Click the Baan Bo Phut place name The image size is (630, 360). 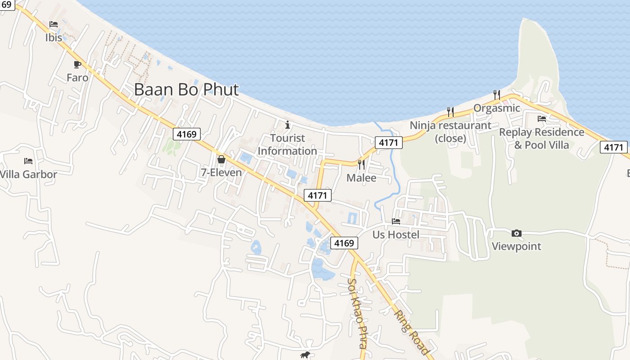pos(186,90)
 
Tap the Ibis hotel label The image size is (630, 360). pos(54,37)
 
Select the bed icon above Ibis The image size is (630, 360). pos(54,24)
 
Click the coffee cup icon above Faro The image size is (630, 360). pos(77,64)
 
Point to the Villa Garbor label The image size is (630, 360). pos(28,174)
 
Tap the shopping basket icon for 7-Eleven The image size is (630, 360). pos(221,159)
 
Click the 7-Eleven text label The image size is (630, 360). pos(221,172)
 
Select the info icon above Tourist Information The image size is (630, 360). pos(288,125)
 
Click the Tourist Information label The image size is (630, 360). pos(288,144)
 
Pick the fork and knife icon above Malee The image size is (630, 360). pos(361,165)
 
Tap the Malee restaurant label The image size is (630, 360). pos(361,178)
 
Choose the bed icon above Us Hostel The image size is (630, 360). pos(396,221)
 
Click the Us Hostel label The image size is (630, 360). pos(396,234)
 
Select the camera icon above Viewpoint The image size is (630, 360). pos(517,233)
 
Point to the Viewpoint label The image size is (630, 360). pos(517,246)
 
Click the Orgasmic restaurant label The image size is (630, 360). pos(497,108)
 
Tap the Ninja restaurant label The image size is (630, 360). pos(450,131)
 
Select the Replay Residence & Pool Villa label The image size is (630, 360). pos(542,139)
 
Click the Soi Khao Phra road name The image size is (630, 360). pos(355,313)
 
